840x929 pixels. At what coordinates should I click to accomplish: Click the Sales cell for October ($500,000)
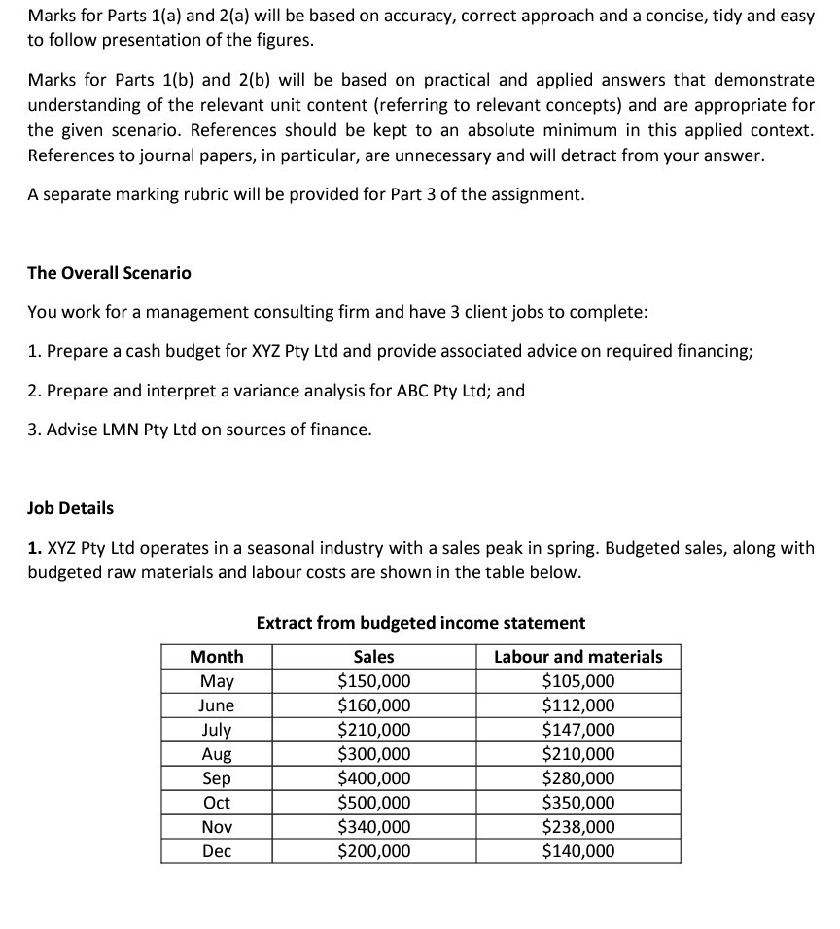coord(373,803)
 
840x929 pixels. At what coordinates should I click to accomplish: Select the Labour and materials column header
coord(577,657)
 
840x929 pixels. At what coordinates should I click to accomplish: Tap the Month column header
coord(217,657)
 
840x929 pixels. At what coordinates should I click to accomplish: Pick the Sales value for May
coord(373,681)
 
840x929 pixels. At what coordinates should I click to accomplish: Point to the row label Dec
coord(217,851)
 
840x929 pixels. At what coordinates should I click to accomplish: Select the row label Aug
coord(217,754)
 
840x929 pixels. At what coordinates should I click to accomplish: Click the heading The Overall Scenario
coord(109,273)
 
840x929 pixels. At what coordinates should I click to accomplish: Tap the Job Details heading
coord(70,508)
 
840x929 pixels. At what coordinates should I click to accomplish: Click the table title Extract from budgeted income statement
coord(421,622)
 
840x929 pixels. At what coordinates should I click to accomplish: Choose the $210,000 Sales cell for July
coord(373,730)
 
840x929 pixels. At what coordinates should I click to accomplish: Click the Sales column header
coord(373,657)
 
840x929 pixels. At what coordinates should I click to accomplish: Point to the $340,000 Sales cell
coord(373,827)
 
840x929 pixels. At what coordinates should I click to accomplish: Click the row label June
coord(217,705)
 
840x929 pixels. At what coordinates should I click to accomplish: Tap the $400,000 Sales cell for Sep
coord(373,778)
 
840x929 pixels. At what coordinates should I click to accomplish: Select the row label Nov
coord(217,827)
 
